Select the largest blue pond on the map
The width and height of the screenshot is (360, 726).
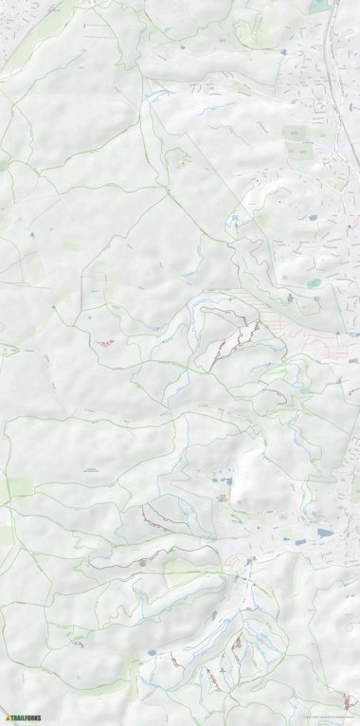[325, 533]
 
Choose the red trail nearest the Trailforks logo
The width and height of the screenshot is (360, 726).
[76, 644]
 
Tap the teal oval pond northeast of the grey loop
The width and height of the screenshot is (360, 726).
[314, 282]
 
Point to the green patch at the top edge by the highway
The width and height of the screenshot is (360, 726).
[316, 6]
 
